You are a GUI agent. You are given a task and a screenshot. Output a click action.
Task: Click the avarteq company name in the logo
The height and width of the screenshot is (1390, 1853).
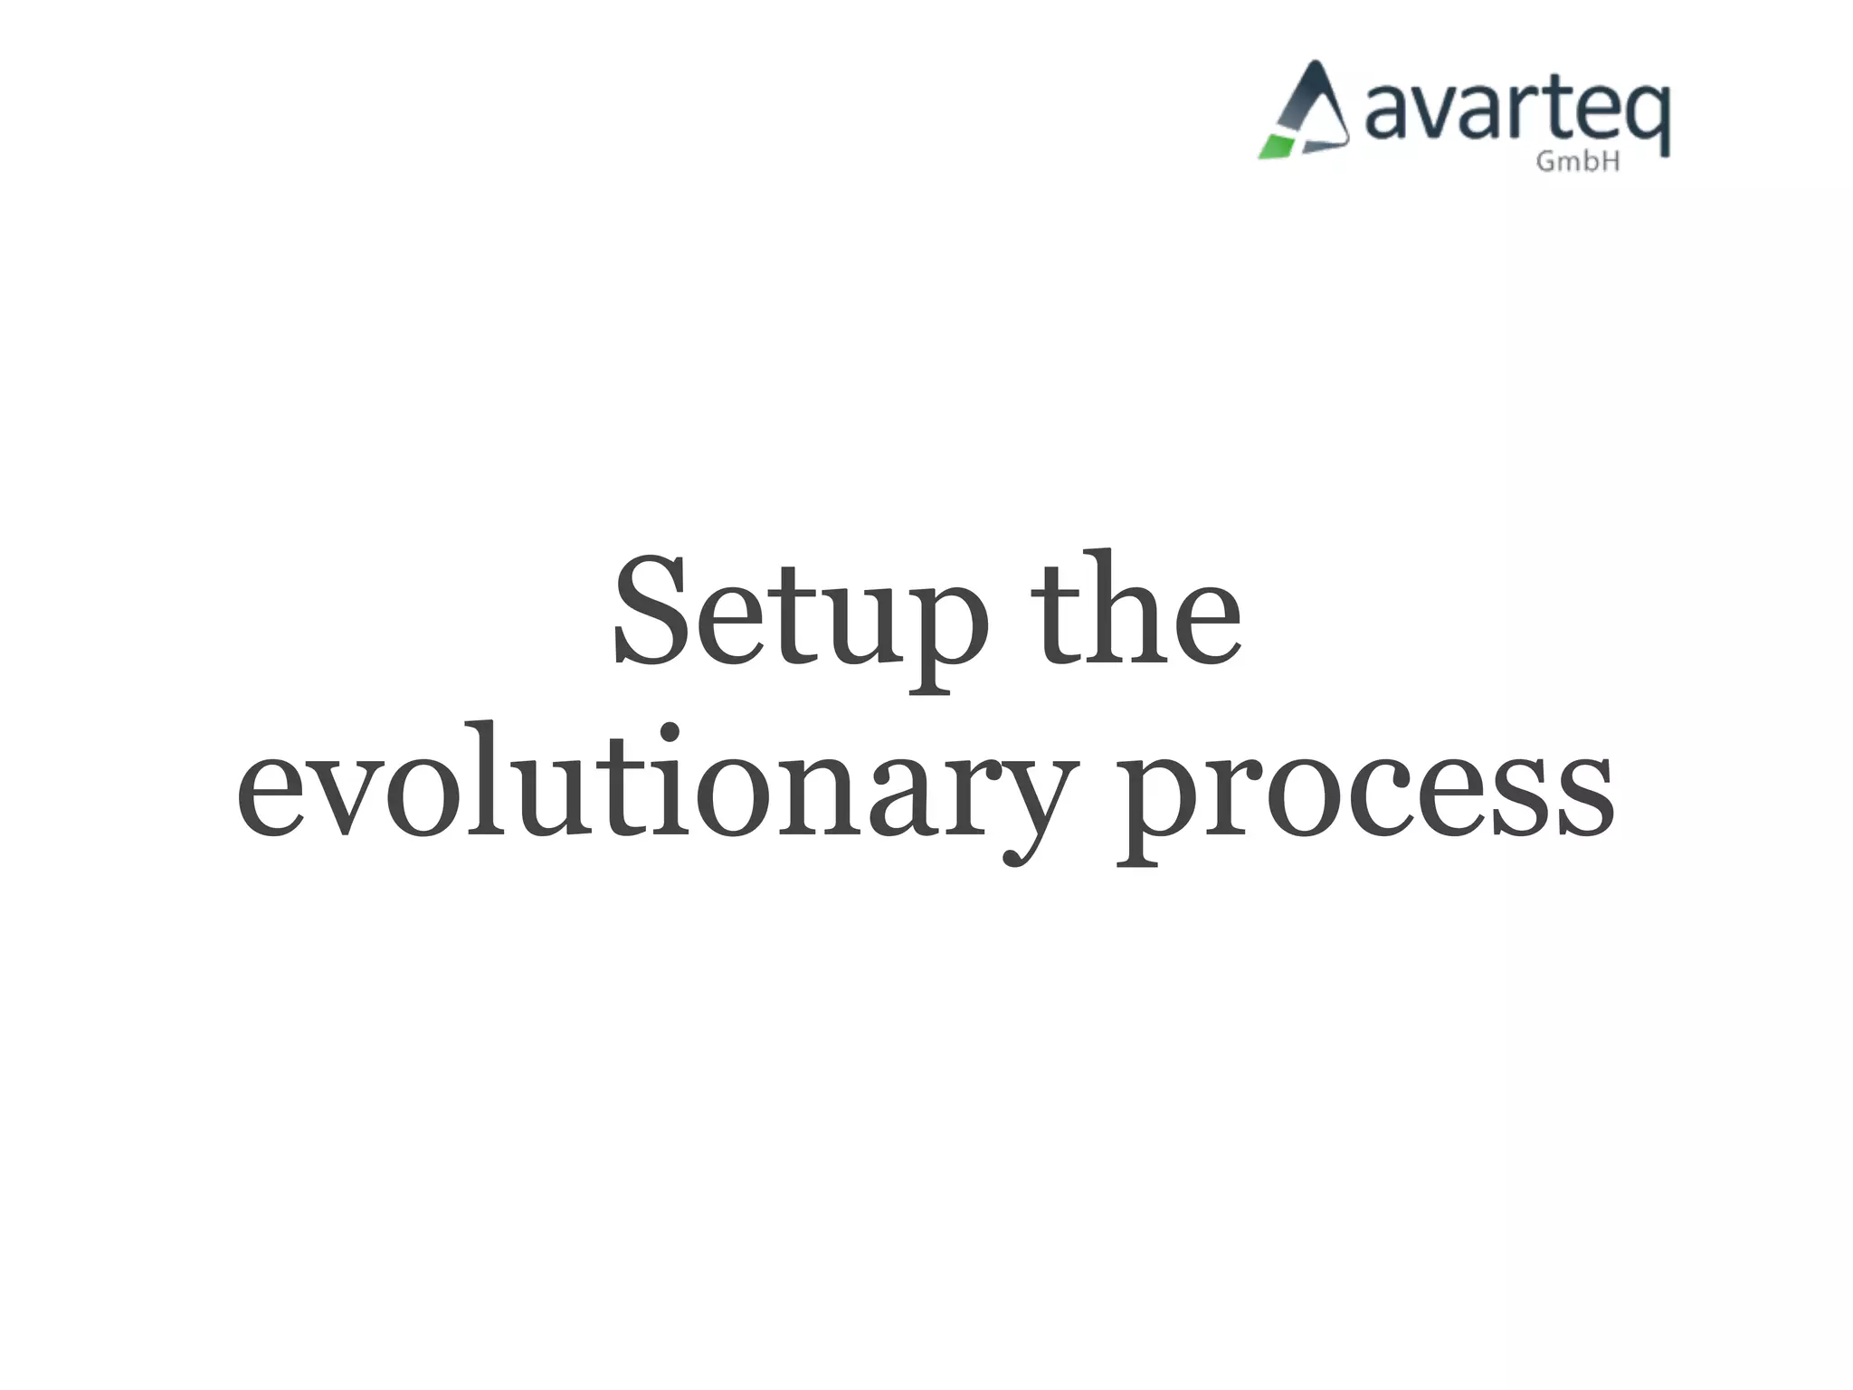pyautogui.click(x=1516, y=113)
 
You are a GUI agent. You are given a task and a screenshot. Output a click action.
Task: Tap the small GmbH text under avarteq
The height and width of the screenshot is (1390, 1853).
pyautogui.click(x=1578, y=162)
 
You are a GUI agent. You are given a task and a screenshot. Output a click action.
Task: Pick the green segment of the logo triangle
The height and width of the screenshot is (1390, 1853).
pyautogui.click(x=1278, y=146)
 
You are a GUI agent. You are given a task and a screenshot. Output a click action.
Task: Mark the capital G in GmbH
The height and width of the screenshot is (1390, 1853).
pyautogui.click(x=1546, y=162)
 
